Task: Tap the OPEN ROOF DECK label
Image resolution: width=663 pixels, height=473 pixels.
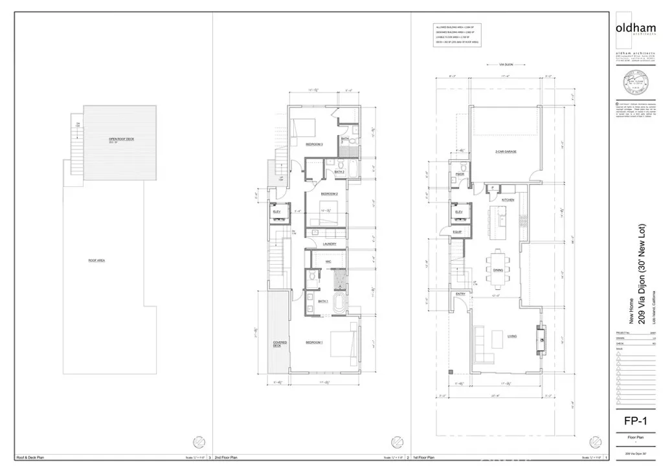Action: click(120, 139)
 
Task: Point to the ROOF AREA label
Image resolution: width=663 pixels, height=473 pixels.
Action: click(97, 261)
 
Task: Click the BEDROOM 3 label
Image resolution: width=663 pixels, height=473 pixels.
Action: click(313, 144)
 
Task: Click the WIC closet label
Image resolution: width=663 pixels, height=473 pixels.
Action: click(328, 261)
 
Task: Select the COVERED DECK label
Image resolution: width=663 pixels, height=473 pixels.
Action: click(280, 344)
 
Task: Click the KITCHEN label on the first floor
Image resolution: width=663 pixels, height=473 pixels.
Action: click(508, 201)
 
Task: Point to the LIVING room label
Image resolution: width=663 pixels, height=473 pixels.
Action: click(511, 336)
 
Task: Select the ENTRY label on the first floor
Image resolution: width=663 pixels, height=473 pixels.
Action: click(460, 294)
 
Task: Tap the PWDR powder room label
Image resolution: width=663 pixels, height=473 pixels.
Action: click(460, 175)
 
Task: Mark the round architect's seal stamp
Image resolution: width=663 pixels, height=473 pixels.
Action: click(636, 83)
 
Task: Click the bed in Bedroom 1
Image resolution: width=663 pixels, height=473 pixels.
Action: click(342, 343)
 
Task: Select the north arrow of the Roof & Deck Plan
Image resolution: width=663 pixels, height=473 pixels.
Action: click(199, 442)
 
